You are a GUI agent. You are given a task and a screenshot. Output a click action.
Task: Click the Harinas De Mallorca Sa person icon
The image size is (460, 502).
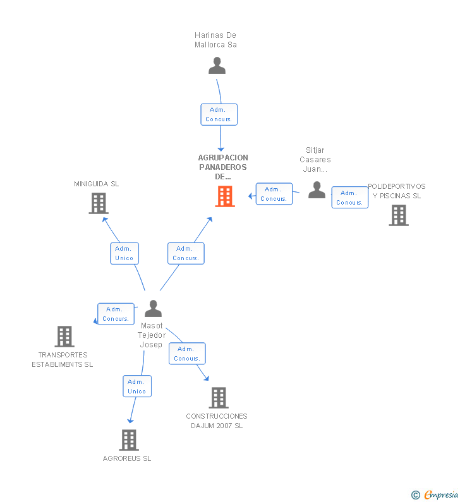[217, 66]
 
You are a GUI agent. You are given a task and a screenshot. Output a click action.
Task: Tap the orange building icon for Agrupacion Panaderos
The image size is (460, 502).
[225, 196]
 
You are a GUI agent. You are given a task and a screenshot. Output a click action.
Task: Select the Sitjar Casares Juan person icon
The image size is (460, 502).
[317, 190]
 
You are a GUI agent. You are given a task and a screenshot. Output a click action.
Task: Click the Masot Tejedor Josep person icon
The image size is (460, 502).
[153, 309]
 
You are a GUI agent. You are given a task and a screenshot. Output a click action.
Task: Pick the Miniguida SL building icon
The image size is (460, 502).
[98, 203]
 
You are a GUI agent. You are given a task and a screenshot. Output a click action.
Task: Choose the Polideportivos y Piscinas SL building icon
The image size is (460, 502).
[398, 215]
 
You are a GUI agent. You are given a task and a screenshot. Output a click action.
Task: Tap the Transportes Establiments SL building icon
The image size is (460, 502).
[64, 337]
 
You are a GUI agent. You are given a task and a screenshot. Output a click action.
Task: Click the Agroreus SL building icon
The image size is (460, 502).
[128, 440]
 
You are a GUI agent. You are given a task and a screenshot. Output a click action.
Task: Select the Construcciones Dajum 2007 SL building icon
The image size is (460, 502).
[218, 398]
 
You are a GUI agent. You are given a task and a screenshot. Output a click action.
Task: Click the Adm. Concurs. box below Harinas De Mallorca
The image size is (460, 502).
[219, 114]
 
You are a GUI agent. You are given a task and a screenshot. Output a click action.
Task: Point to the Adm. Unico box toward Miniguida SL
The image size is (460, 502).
[124, 253]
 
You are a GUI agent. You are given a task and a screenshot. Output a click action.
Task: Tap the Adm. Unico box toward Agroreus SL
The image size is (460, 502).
[137, 386]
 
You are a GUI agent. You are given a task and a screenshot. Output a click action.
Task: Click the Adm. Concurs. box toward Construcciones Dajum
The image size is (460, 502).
[187, 354]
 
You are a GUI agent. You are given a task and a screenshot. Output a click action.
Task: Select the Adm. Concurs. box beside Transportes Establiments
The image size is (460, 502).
[116, 314]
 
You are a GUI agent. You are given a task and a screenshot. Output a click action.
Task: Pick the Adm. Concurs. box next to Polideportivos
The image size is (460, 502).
[349, 198]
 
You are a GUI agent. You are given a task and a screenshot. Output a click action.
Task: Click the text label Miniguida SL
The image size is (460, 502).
[96, 184]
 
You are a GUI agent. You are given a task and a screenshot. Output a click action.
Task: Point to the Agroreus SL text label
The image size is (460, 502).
[127, 458]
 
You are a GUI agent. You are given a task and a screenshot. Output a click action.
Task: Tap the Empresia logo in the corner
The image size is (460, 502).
[435, 494]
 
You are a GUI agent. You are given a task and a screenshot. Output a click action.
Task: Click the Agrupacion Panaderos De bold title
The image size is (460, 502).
[223, 167]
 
